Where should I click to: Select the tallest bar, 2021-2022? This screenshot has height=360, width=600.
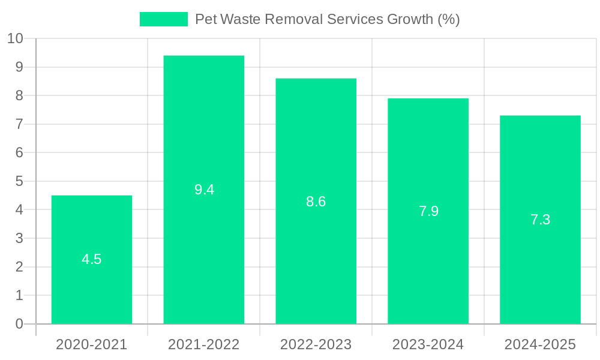click(x=204, y=240)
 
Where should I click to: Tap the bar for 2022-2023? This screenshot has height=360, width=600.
click(x=316, y=252)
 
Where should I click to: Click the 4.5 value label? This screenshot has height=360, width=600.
click(x=92, y=259)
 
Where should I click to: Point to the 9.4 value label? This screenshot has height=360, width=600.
click(x=204, y=190)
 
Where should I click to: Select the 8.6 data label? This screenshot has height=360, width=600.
click(x=316, y=202)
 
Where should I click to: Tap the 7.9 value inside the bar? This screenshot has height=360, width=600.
click(x=428, y=211)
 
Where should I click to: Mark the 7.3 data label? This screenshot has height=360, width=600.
click(x=540, y=220)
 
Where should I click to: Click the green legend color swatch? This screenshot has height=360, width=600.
click(x=163, y=19)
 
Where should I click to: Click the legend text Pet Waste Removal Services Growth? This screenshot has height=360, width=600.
click(x=327, y=19)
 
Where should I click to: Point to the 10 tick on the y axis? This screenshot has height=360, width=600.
click(x=15, y=38)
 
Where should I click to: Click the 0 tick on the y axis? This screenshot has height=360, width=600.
click(x=19, y=324)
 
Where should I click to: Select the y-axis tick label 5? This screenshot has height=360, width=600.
click(x=19, y=181)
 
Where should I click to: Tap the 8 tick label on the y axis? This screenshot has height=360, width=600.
click(x=19, y=95)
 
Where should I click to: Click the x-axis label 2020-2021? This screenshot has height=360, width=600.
click(x=92, y=344)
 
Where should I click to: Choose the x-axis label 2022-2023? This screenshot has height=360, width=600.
click(x=316, y=344)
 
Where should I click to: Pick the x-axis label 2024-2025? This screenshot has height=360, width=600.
click(x=540, y=344)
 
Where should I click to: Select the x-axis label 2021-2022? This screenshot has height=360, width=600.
click(x=204, y=344)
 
